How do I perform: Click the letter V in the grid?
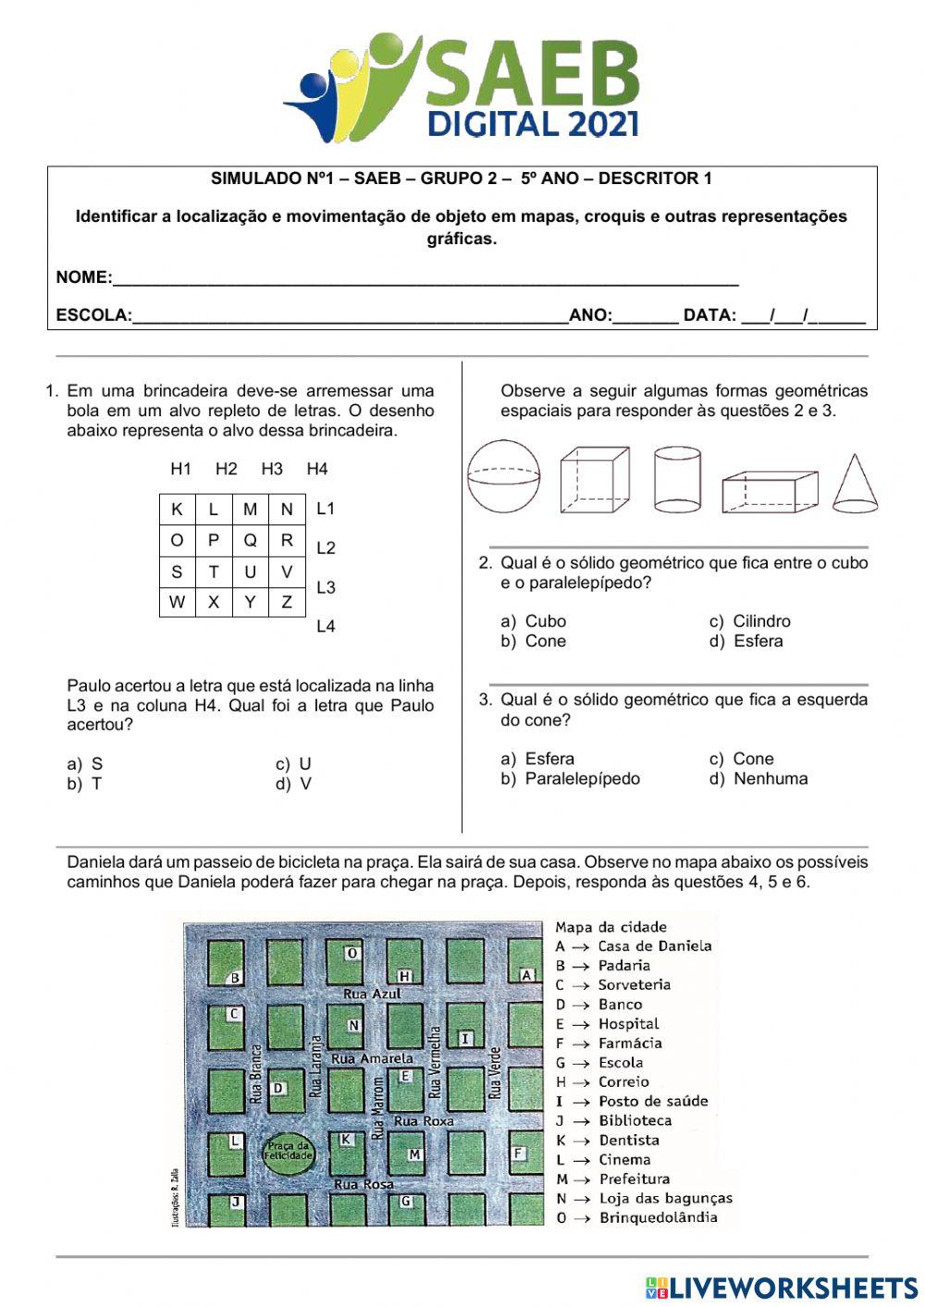287,572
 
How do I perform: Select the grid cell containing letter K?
177,509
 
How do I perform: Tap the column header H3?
271,469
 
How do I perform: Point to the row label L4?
326,626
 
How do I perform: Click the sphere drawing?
503,476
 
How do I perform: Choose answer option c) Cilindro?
751,622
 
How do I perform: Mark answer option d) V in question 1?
294,783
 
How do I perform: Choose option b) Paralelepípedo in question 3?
572,779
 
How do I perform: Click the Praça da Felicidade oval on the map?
289,1152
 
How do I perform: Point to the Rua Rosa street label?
364,1184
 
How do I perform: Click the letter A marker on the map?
526,975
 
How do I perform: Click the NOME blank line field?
425,277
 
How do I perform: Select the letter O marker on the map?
351,953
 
